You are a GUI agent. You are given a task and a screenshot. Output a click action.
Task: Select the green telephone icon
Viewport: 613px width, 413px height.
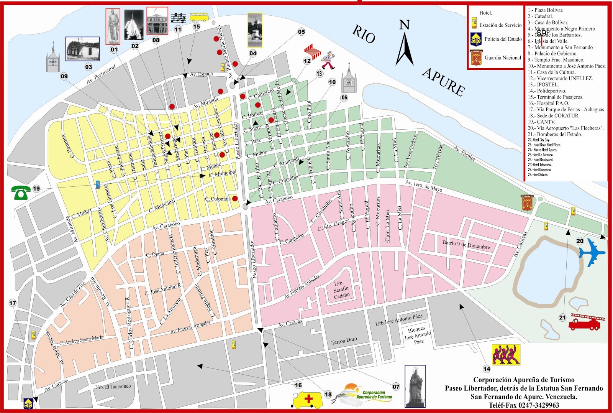20,192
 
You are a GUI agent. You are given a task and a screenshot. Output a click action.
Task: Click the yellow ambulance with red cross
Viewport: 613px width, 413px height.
307,400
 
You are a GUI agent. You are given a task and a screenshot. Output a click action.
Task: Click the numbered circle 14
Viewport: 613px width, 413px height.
487,369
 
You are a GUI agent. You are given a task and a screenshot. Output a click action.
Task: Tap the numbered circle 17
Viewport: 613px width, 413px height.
13,303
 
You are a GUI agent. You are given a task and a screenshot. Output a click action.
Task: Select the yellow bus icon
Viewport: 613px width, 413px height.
199,17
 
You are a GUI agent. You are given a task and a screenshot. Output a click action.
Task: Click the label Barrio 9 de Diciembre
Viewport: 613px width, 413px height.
466,245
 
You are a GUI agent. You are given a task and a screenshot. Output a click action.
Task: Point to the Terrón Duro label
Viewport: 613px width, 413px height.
344,341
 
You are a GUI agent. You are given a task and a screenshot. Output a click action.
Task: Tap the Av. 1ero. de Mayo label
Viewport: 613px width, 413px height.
424,186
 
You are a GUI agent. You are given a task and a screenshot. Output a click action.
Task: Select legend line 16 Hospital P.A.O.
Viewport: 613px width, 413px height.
548,103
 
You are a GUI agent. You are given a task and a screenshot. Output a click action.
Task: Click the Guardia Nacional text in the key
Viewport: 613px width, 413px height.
503,58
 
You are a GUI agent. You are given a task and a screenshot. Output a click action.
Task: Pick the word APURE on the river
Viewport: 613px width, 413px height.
444,82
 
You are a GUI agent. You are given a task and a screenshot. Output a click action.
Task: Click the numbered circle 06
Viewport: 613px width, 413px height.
344,97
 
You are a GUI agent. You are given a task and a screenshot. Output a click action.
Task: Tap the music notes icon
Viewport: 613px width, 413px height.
178,17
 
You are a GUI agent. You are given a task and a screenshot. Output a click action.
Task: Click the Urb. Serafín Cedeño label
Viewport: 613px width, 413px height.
341,290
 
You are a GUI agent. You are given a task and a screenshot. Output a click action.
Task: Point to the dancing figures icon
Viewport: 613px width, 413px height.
506,354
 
